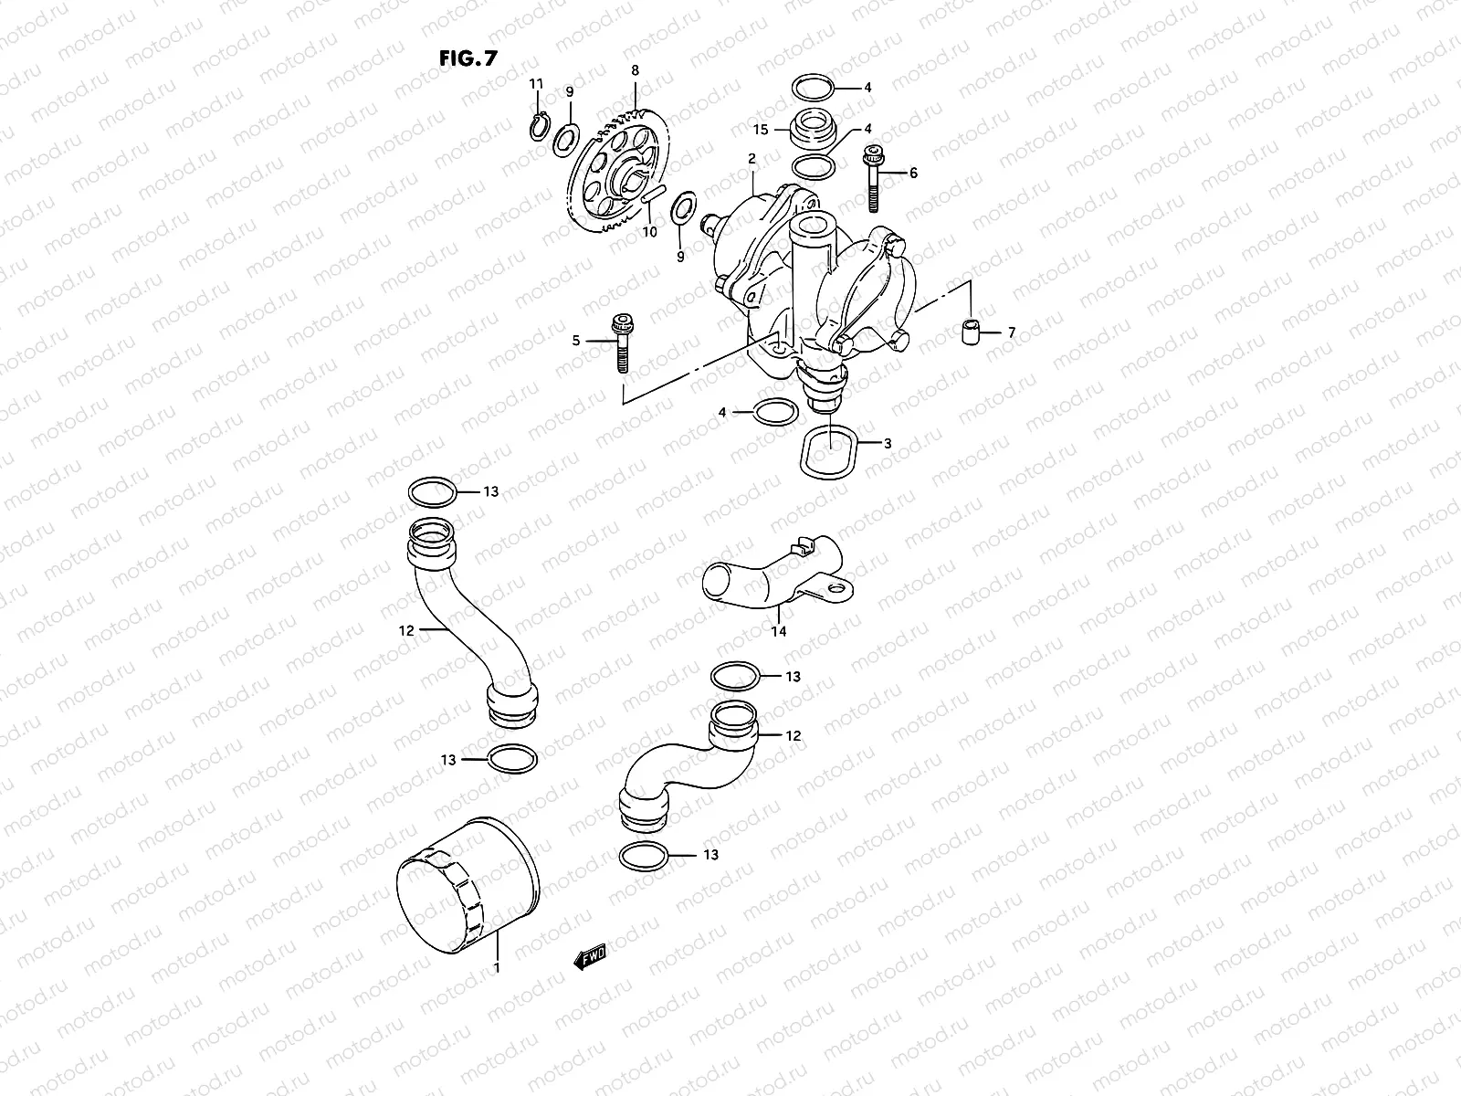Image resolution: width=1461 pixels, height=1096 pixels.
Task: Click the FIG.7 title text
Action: coord(468,58)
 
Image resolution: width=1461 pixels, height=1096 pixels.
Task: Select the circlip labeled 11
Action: coord(539,126)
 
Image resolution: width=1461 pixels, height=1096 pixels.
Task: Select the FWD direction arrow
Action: coord(589,957)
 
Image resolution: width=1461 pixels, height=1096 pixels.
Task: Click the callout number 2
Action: coord(752,159)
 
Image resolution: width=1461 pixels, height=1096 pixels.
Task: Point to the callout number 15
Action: coord(760,129)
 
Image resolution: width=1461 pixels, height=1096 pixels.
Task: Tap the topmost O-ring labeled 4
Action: coord(813,89)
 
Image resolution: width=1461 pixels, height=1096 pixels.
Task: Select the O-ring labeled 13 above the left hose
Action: coord(433,492)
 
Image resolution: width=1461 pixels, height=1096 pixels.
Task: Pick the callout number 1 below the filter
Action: coord(497,967)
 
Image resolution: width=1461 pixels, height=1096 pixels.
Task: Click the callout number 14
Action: coord(779,630)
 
